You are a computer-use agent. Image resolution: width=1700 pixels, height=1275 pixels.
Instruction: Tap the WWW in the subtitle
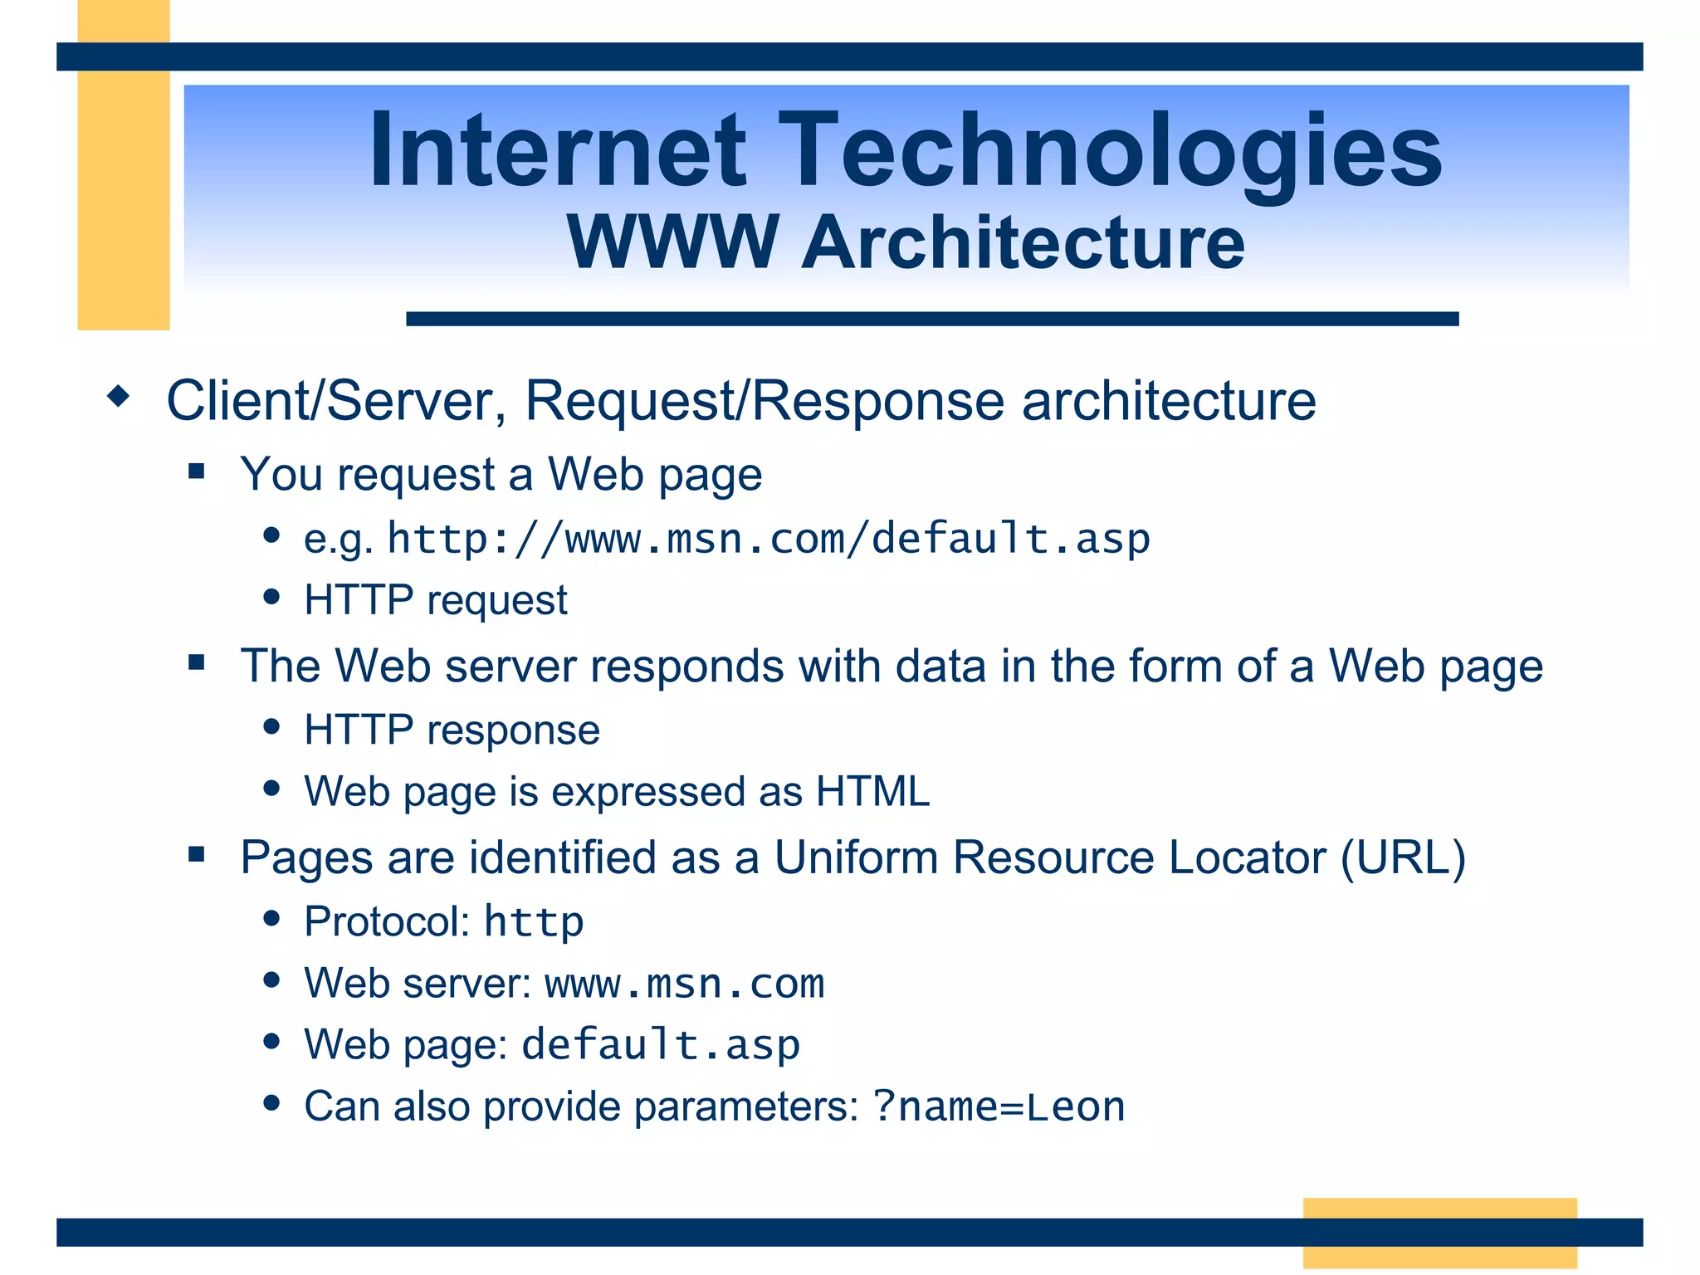point(672,242)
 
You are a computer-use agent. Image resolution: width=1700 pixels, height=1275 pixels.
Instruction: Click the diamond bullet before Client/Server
point(120,396)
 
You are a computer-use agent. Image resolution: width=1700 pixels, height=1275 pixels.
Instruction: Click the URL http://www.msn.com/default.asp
point(769,539)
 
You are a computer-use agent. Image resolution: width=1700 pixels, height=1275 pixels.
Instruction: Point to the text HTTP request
point(435,600)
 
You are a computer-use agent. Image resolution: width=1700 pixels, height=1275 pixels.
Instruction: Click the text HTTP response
point(452,730)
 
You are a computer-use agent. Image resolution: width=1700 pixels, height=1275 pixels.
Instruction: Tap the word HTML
point(872,791)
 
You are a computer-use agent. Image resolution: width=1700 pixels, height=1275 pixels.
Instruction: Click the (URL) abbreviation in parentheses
point(1403,857)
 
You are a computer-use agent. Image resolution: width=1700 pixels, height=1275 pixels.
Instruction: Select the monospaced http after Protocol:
point(534,922)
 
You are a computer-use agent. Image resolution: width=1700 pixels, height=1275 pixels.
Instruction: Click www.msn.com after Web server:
point(685,984)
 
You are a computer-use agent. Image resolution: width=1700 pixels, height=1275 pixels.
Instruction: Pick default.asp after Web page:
point(661,1045)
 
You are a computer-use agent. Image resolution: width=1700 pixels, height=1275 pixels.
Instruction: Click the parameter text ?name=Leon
point(999,1106)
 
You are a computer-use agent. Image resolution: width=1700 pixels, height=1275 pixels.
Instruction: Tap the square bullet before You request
point(197,472)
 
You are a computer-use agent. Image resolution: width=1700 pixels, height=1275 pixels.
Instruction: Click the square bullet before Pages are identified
point(197,854)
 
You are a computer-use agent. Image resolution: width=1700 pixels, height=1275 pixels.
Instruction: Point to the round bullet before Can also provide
point(271,1103)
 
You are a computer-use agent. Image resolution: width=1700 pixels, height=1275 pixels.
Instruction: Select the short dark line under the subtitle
point(931,319)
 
